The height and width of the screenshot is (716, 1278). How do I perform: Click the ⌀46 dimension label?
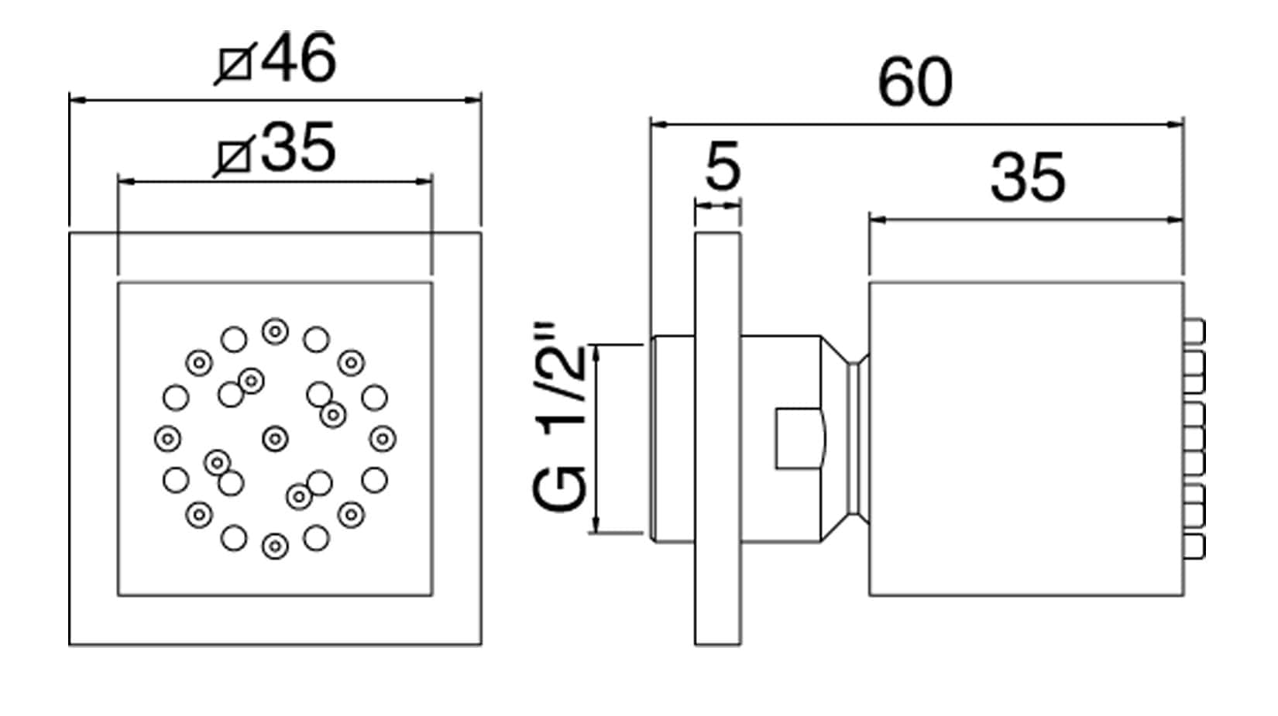point(277,59)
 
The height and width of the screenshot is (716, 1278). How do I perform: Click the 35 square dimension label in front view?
point(277,148)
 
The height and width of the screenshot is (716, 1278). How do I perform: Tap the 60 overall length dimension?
point(915,83)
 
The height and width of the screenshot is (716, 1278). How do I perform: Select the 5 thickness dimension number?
point(722,166)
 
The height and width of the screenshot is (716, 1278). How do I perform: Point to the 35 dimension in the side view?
point(1027,179)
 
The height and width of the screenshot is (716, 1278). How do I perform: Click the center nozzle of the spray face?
point(275,440)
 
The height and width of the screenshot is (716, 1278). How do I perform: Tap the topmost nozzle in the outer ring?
point(275,332)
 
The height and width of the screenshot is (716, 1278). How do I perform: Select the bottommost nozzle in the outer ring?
point(275,546)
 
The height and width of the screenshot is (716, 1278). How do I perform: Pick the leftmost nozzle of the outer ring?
point(167,440)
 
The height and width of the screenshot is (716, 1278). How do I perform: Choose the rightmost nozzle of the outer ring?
point(382,440)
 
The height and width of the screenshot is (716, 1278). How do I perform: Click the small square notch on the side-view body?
point(799,438)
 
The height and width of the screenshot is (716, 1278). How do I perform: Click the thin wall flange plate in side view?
point(717,438)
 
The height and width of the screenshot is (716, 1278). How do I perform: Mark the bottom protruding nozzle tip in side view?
point(1195,546)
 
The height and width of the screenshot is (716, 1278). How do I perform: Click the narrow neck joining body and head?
point(857,438)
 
